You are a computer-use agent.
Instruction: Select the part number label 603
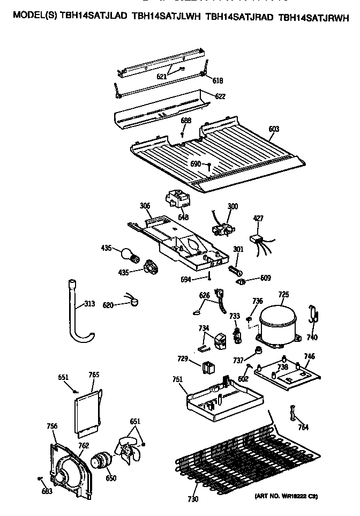[273, 129]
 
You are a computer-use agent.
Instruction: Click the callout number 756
[52, 427]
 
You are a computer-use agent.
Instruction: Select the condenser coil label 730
[193, 499]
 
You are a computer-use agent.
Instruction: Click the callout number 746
[309, 356]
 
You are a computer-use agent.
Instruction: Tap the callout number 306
[145, 206]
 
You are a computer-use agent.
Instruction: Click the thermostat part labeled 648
[178, 199]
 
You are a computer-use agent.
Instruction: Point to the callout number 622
[220, 97]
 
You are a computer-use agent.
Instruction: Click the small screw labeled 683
[40, 478]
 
